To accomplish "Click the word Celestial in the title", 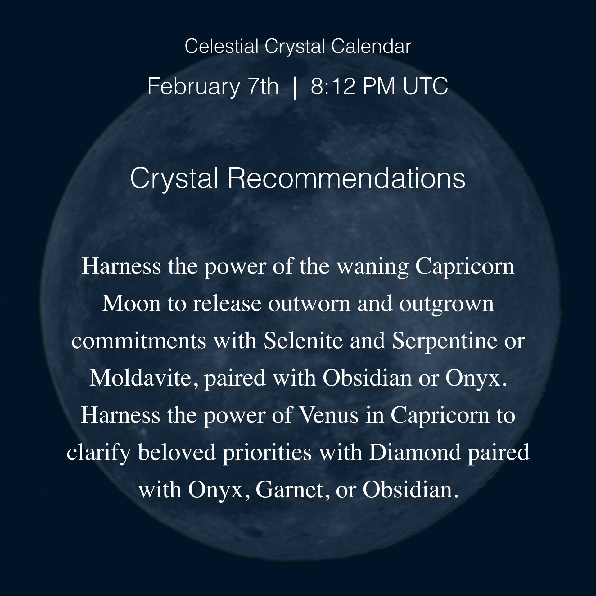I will coord(221,47).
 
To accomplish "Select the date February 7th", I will coord(213,86).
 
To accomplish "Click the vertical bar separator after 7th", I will coord(295,87).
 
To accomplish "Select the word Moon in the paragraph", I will coord(131,304).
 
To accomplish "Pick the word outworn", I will coord(309,304).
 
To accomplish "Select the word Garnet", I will coord(290,490).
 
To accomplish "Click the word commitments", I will coord(139,341).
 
